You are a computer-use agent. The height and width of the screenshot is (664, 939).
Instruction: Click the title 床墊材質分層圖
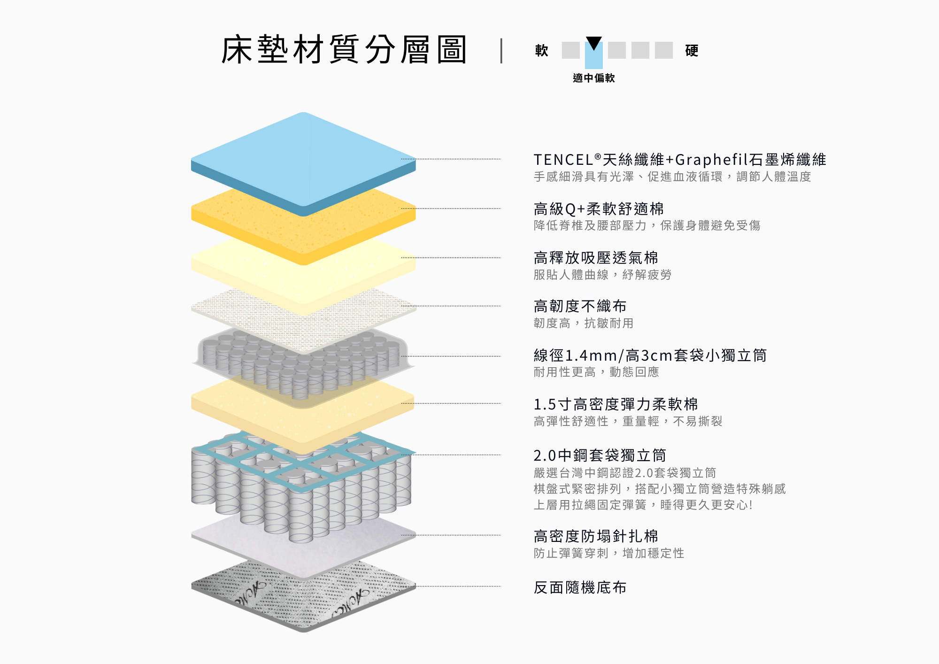(x=344, y=50)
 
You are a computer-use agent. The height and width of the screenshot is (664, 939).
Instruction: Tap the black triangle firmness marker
(x=594, y=43)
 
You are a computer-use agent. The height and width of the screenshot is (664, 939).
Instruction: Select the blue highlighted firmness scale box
(x=594, y=55)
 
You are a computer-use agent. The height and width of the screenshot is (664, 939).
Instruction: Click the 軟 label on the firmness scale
(x=542, y=50)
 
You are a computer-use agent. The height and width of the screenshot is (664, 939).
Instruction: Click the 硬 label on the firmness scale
(x=692, y=50)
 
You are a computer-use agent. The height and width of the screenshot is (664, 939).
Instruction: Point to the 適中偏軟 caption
(x=594, y=78)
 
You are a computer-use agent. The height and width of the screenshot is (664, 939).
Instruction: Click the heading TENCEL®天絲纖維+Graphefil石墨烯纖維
(x=680, y=160)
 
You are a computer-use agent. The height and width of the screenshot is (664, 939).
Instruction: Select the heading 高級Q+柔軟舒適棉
(x=599, y=208)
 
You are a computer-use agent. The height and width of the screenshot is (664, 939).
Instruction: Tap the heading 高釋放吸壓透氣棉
(x=596, y=257)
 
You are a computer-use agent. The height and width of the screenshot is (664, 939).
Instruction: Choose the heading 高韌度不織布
(x=580, y=306)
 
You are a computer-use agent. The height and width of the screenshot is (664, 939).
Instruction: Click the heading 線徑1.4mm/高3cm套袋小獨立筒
(x=650, y=355)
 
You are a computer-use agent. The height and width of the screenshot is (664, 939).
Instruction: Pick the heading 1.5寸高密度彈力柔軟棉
(x=616, y=404)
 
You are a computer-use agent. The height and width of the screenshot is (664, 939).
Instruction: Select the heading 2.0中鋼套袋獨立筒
(x=600, y=455)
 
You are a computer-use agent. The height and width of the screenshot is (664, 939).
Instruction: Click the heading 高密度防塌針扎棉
(x=596, y=536)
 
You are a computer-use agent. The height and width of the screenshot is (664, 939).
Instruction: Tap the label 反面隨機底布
(x=580, y=587)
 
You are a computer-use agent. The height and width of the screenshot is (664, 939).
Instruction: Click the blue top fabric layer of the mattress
(x=303, y=160)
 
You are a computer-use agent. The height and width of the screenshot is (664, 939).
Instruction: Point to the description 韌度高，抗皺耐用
(x=584, y=323)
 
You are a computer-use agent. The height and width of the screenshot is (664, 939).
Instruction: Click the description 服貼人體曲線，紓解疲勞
(x=602, y=275)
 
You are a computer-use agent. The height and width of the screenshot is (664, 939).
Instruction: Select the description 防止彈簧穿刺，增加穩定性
(x=609, y=553)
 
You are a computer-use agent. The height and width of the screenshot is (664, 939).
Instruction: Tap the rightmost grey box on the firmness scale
(x=664, y=50)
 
